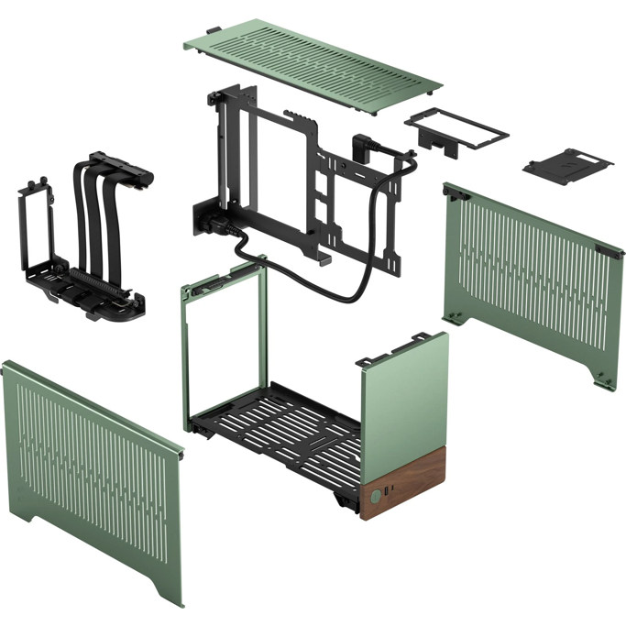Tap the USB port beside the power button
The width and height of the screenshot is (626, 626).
tap(390, 494)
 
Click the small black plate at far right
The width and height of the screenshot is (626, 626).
tap(568, 162)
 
